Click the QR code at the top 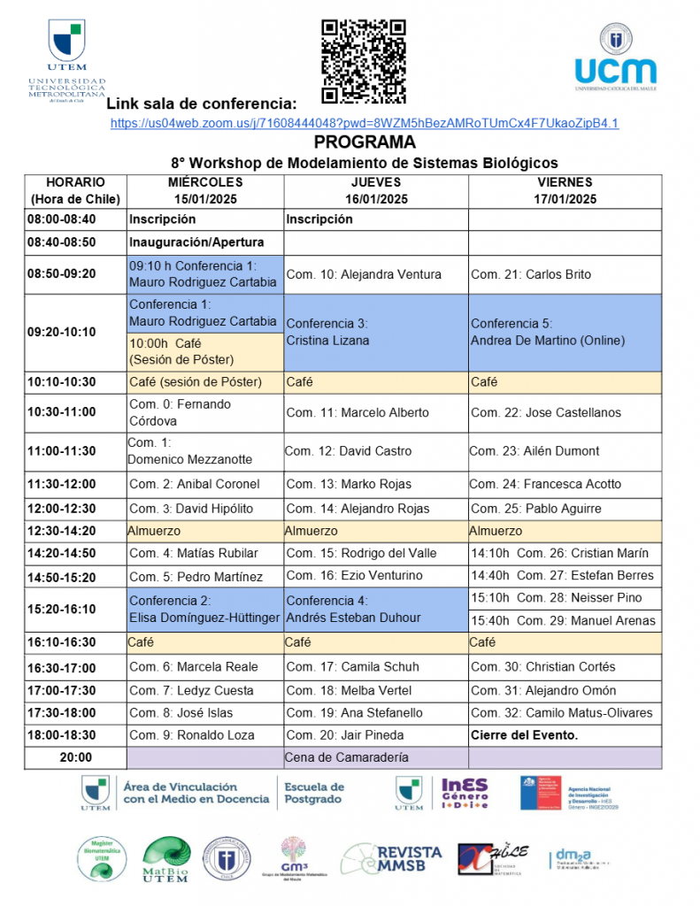pos(363,61)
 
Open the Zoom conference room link pos(364,123)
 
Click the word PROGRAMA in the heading pos(364,142)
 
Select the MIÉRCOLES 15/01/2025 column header pos(205,191)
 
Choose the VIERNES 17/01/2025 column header pos(564,191)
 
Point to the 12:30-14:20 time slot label pos(75,532)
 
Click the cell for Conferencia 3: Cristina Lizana pos(375,332)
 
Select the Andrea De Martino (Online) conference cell pos(564,332)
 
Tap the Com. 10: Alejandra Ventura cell pos(375,274)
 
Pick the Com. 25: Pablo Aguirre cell pos(564,509)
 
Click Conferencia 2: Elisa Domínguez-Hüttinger pos(205,609)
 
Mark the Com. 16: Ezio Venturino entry pos(375,576)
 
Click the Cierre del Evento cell pos(564,734)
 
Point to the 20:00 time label pos(75,757)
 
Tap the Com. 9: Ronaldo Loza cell pos(205,734)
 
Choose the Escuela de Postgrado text pos(313,793)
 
